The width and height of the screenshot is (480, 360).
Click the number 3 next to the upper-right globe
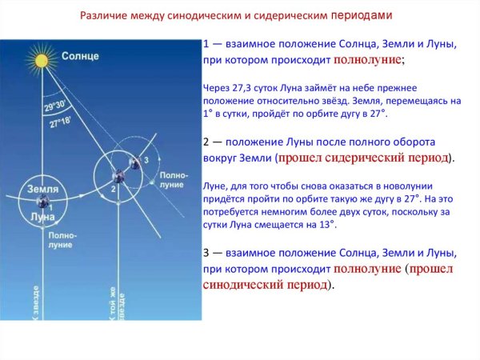(146, 160)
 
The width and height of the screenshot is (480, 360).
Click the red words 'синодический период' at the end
(265, 284)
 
